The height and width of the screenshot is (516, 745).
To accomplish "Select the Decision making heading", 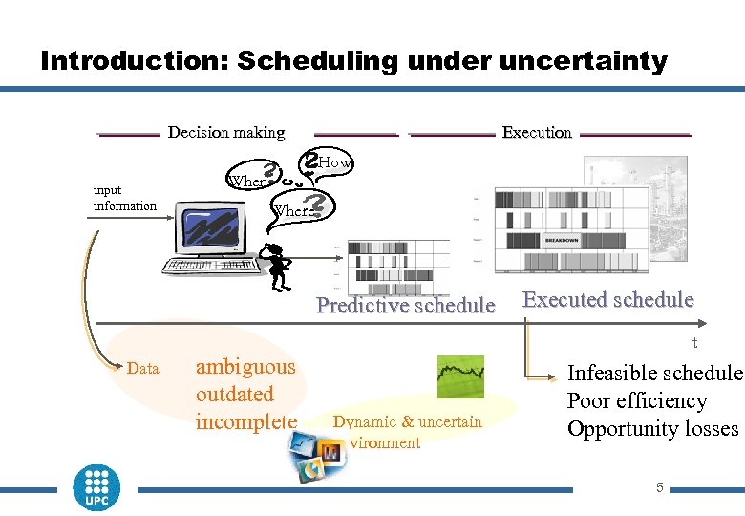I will (226, 132).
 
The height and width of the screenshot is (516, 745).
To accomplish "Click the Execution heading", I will (537, 132).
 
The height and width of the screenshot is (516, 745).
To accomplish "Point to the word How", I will (334, 163).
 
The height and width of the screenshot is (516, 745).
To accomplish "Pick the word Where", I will (292, 210).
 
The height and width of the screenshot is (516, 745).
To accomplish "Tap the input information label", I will (124, 199).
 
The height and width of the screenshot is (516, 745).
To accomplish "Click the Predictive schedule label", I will (406, 306).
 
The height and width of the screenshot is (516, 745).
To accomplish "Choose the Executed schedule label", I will (608, 300).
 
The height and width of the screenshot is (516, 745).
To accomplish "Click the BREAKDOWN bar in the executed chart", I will (562, 240).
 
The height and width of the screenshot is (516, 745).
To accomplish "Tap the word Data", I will (142, 368).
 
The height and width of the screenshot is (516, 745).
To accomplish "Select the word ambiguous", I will (245, 367).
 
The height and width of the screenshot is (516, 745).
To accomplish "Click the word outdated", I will (235, 394).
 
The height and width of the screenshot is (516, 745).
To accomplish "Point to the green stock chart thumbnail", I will (460, 376).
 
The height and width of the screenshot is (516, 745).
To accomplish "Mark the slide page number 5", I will (659, 488).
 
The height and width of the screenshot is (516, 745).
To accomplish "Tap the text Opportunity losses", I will (653, 429).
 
